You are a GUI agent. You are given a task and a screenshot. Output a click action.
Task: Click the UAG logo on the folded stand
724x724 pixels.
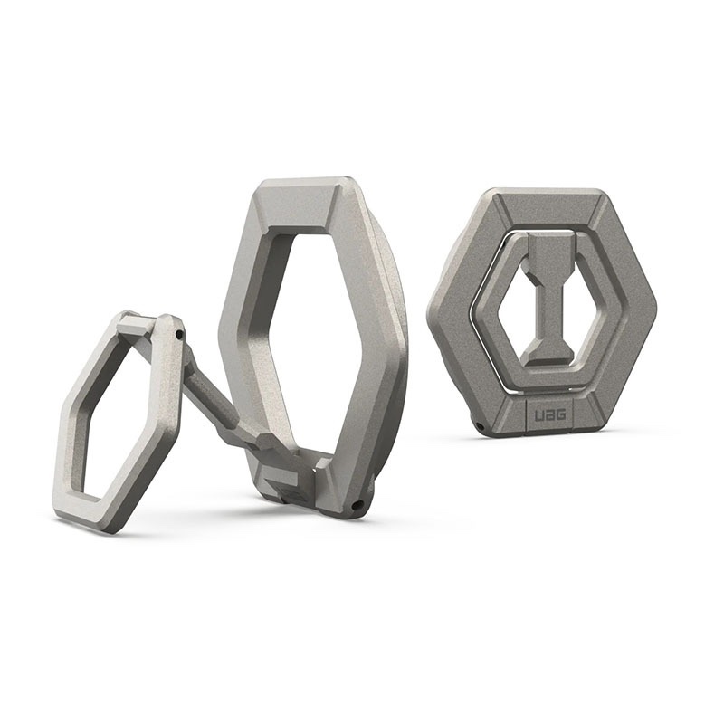click(x=550, y=416)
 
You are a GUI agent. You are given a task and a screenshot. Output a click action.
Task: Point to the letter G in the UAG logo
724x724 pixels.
click(x=561, y=416)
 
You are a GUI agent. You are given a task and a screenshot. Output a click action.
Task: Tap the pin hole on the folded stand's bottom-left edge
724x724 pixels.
click(x=480, y=424)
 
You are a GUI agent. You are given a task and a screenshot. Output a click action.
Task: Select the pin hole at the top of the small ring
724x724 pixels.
click(x=178, y=333)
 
